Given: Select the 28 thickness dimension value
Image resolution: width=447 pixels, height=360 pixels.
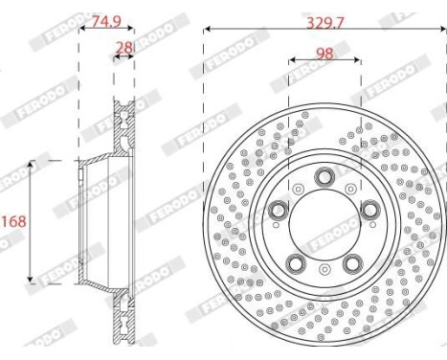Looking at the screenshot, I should point(123,48).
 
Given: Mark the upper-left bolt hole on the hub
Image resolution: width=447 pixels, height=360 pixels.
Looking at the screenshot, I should point(279,210).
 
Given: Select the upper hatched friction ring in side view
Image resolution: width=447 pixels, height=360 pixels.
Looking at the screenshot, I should point(123,124).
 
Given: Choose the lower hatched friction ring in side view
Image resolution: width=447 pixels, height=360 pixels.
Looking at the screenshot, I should point(123,321).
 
